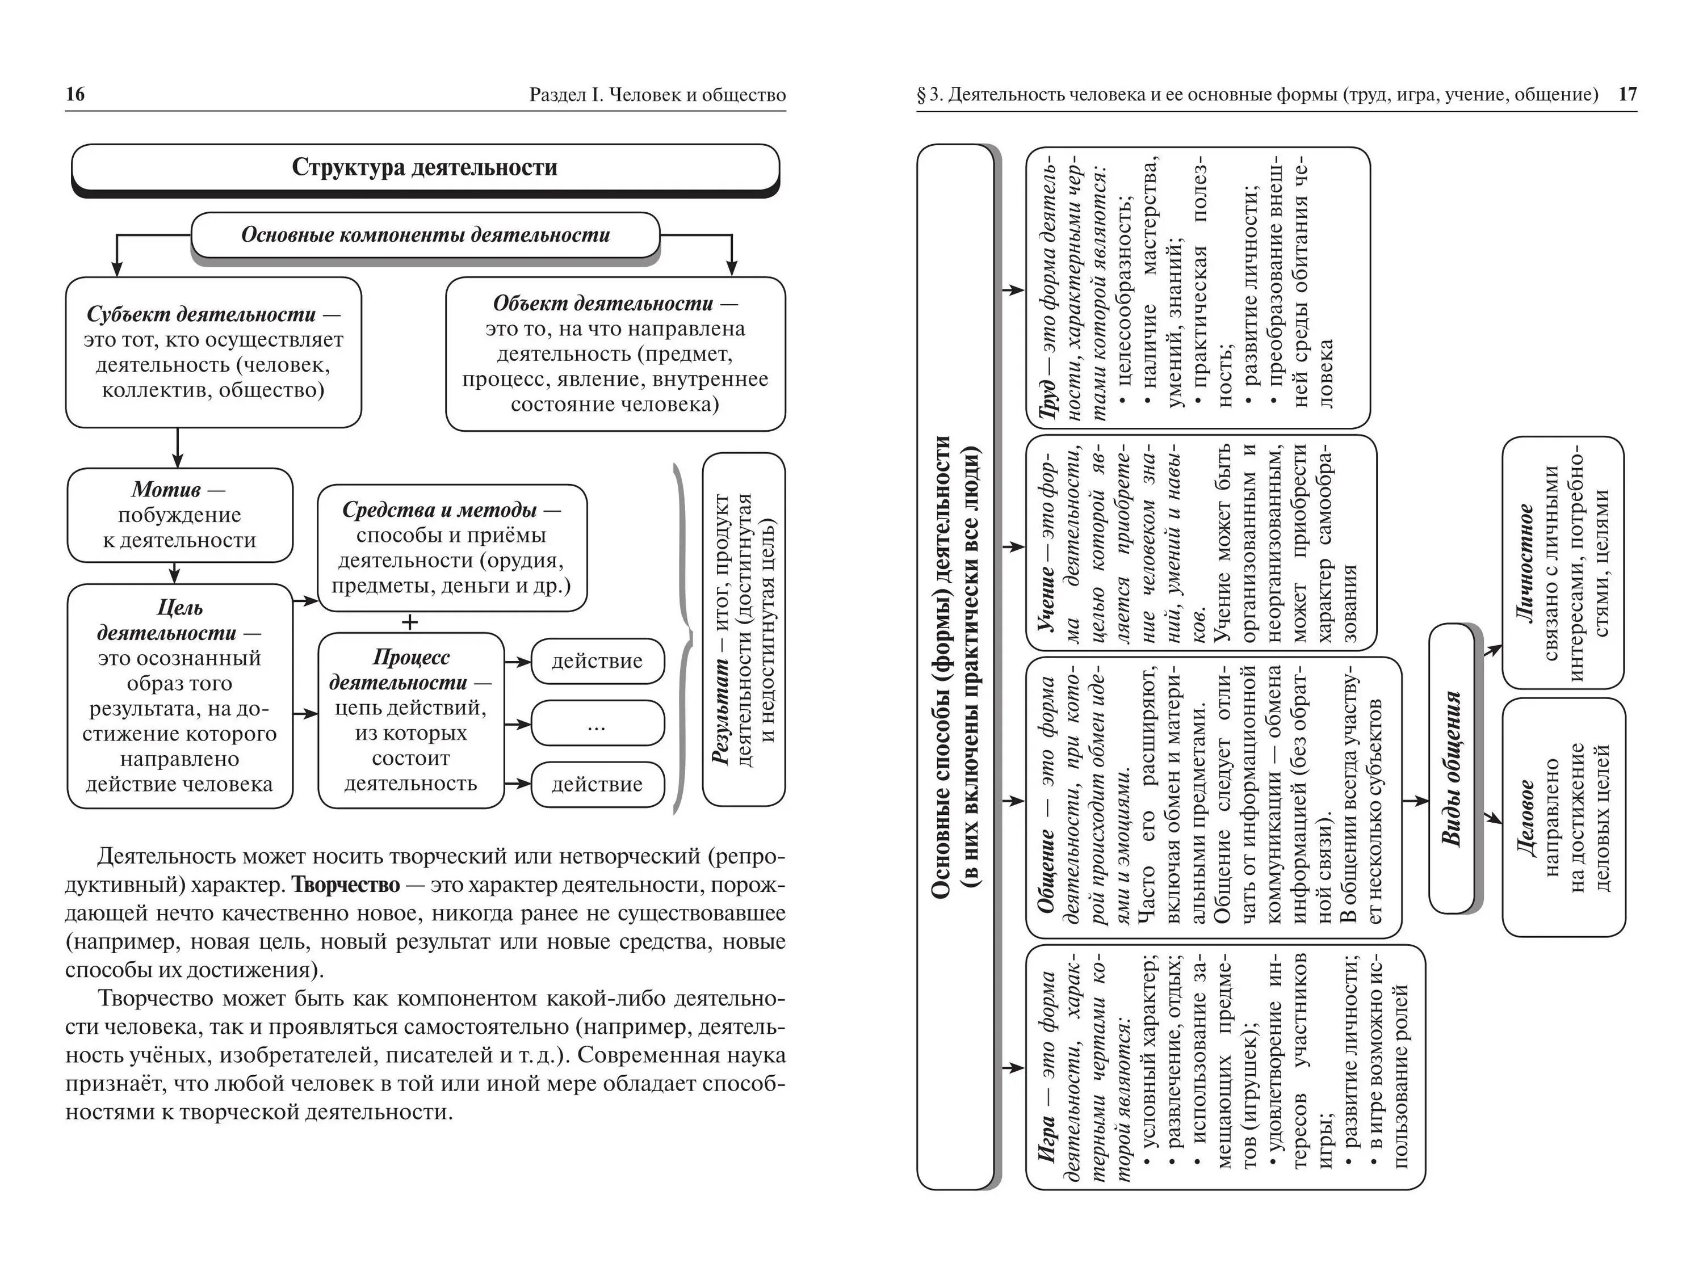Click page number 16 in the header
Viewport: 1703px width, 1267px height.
pos(75,94)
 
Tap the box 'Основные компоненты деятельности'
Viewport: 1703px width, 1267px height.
pos(425,235)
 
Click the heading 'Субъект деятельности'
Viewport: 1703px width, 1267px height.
pos(201,314)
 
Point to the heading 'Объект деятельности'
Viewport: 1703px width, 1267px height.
pos(603,304)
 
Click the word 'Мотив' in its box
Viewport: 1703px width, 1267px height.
pos(166,489)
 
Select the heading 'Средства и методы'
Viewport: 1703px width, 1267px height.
pos(439,510)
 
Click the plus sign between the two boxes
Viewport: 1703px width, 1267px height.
pos(410,622)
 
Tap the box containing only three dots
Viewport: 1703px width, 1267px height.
pos(597,722)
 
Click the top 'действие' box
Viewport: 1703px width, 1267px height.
pos(597,660)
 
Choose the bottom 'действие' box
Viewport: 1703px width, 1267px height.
pos(597,784)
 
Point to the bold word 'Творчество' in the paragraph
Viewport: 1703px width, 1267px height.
pos(346,885)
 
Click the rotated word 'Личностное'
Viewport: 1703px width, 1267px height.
pos(1525,562)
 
